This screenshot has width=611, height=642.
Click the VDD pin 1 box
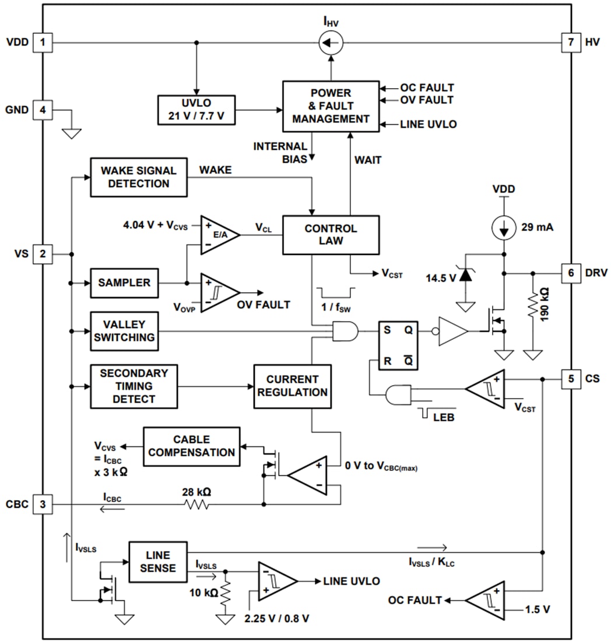pyautogui.click(x=42, y=42)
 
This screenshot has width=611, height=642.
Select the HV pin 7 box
pyautogui.click(x=571, y=42)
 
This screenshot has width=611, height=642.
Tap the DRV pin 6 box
pyautogui.click(x=571, y=273)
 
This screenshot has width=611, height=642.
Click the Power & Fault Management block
pyautogui.click(x=331, y=106)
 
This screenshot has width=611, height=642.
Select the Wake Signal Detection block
pyautogui.click(x=139, y=177)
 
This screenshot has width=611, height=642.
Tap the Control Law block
pyautogui.click(x=331, y=235)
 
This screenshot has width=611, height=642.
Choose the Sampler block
pyautogui.click(x=124, y=282)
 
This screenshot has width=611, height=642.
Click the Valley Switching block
pyautogui.click(x=124, y=331)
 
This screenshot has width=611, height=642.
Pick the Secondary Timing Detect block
pyautogui.click(x=134, y=386)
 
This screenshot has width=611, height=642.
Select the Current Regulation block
pyautogui.click(x=293, y=386)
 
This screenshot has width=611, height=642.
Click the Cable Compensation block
pyautogui.click(x=191, y=446)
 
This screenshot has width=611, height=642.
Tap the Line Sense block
pyautogui.click(x=157, y=561)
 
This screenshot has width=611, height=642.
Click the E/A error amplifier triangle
pyautogui.click(x=217, y=235)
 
